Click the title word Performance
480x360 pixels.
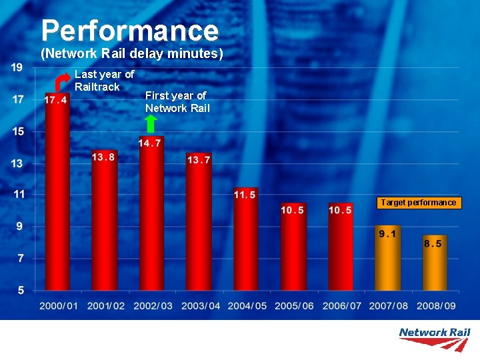coord(129,31)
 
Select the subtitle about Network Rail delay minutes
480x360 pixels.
coord(132,53)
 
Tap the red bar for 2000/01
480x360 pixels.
coord(57,200)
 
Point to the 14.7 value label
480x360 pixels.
coord(150,143)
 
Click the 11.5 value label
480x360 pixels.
coord(245,195)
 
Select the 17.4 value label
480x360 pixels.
coord(56,100)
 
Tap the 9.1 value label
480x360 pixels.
coord(387,233)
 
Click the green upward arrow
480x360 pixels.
coord(151,123)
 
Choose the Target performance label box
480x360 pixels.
coord(419,203)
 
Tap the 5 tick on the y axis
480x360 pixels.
coord(20,290)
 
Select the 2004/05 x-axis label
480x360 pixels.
coord(247,306)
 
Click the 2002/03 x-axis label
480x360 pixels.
coord(153,306)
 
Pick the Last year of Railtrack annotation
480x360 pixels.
coord(104,81)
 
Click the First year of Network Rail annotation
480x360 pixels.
coord(177,102)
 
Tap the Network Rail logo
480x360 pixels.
coord(434,338)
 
